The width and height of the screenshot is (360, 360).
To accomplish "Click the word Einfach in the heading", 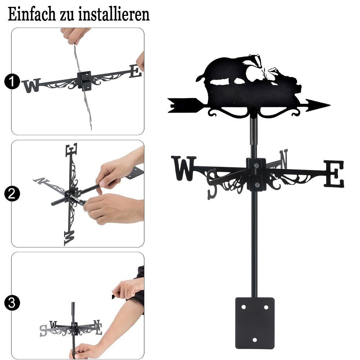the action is [x=32, y=14].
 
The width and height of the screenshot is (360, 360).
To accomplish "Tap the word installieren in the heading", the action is [x=114, y=14].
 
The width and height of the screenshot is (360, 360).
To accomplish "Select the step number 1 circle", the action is [x=12, y=81].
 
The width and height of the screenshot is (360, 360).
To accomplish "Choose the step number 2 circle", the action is [x=12, y=194].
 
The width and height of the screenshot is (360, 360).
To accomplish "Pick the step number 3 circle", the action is [x=12, y=303].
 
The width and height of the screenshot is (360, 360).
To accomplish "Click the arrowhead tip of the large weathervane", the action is [x=330, y=105].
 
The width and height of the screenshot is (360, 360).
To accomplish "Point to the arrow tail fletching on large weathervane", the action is [x=181, y=105].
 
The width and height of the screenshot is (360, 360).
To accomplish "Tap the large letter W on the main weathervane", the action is [x=184, y=168].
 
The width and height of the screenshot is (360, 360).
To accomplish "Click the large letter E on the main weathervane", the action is [x=334, y=174].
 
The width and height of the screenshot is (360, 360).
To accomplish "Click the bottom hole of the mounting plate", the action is [x=255, y=340].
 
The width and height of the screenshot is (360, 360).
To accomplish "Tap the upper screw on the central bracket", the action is [x=256, y=165].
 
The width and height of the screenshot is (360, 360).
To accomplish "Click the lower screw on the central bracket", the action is [x=257, y=185].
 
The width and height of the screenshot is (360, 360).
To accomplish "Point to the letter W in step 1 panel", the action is [x=31, y=85].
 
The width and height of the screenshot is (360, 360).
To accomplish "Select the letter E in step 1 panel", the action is [x=135, y=71].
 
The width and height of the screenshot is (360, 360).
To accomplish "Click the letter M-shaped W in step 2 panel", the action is [x=69, y=238].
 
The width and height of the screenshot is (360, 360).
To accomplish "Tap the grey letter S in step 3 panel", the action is [x=44, y=330].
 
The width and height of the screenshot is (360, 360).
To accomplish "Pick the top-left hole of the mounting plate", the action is [x=243, y=307].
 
